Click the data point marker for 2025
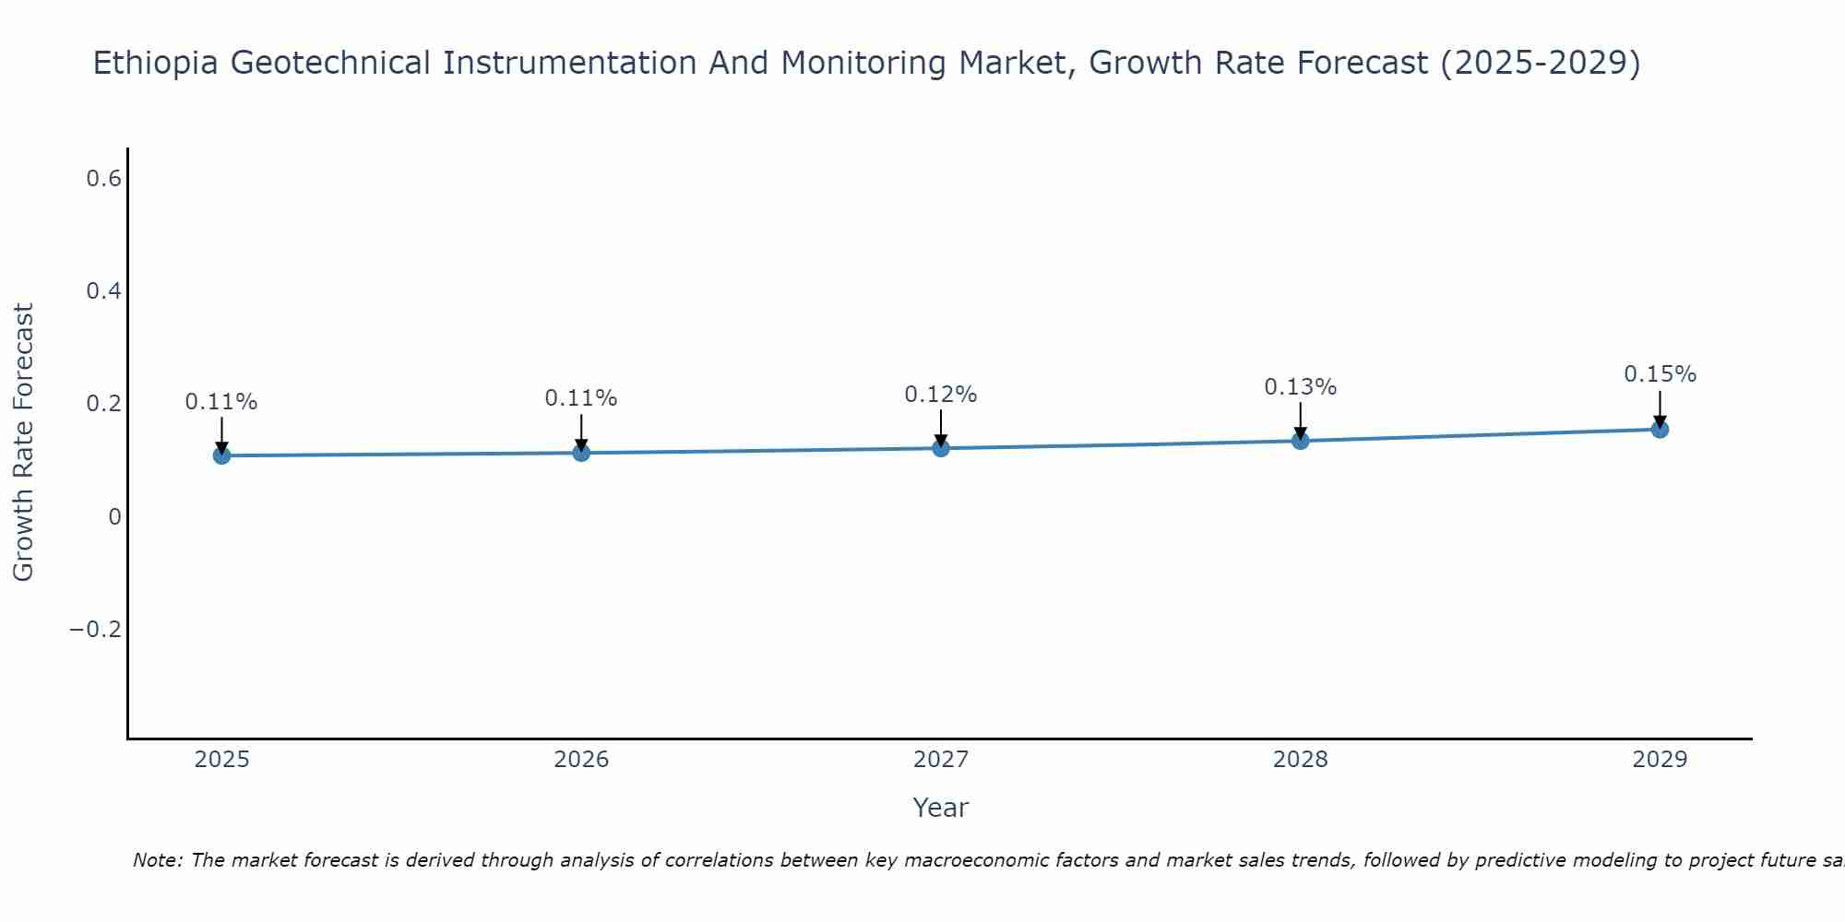[x=221, y=455]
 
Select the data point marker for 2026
[x=581, y=453]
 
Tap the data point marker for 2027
[x=941, y=448]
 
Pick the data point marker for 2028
[x=1301, y=441]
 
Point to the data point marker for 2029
[x=1660, y=429]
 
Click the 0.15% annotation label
[x=1660, y=374]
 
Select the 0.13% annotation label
[x=1300, y=387]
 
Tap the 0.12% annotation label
[x=940, y=395]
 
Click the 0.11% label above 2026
[x=580, y=398]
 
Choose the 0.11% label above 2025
[x=220, y=402]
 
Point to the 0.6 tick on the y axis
[x=103, y=179]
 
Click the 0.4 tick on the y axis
[x=103, y=291]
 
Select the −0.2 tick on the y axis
[x=95, y=630]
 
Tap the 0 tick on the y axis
[x=114, y=517]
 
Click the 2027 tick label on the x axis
[x=940, y=760]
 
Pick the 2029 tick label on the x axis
[x=1660, y=760]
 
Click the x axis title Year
[x=940, y=808]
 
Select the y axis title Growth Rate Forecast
[x=23, y=443]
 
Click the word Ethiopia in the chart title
[x=157, y=64]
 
